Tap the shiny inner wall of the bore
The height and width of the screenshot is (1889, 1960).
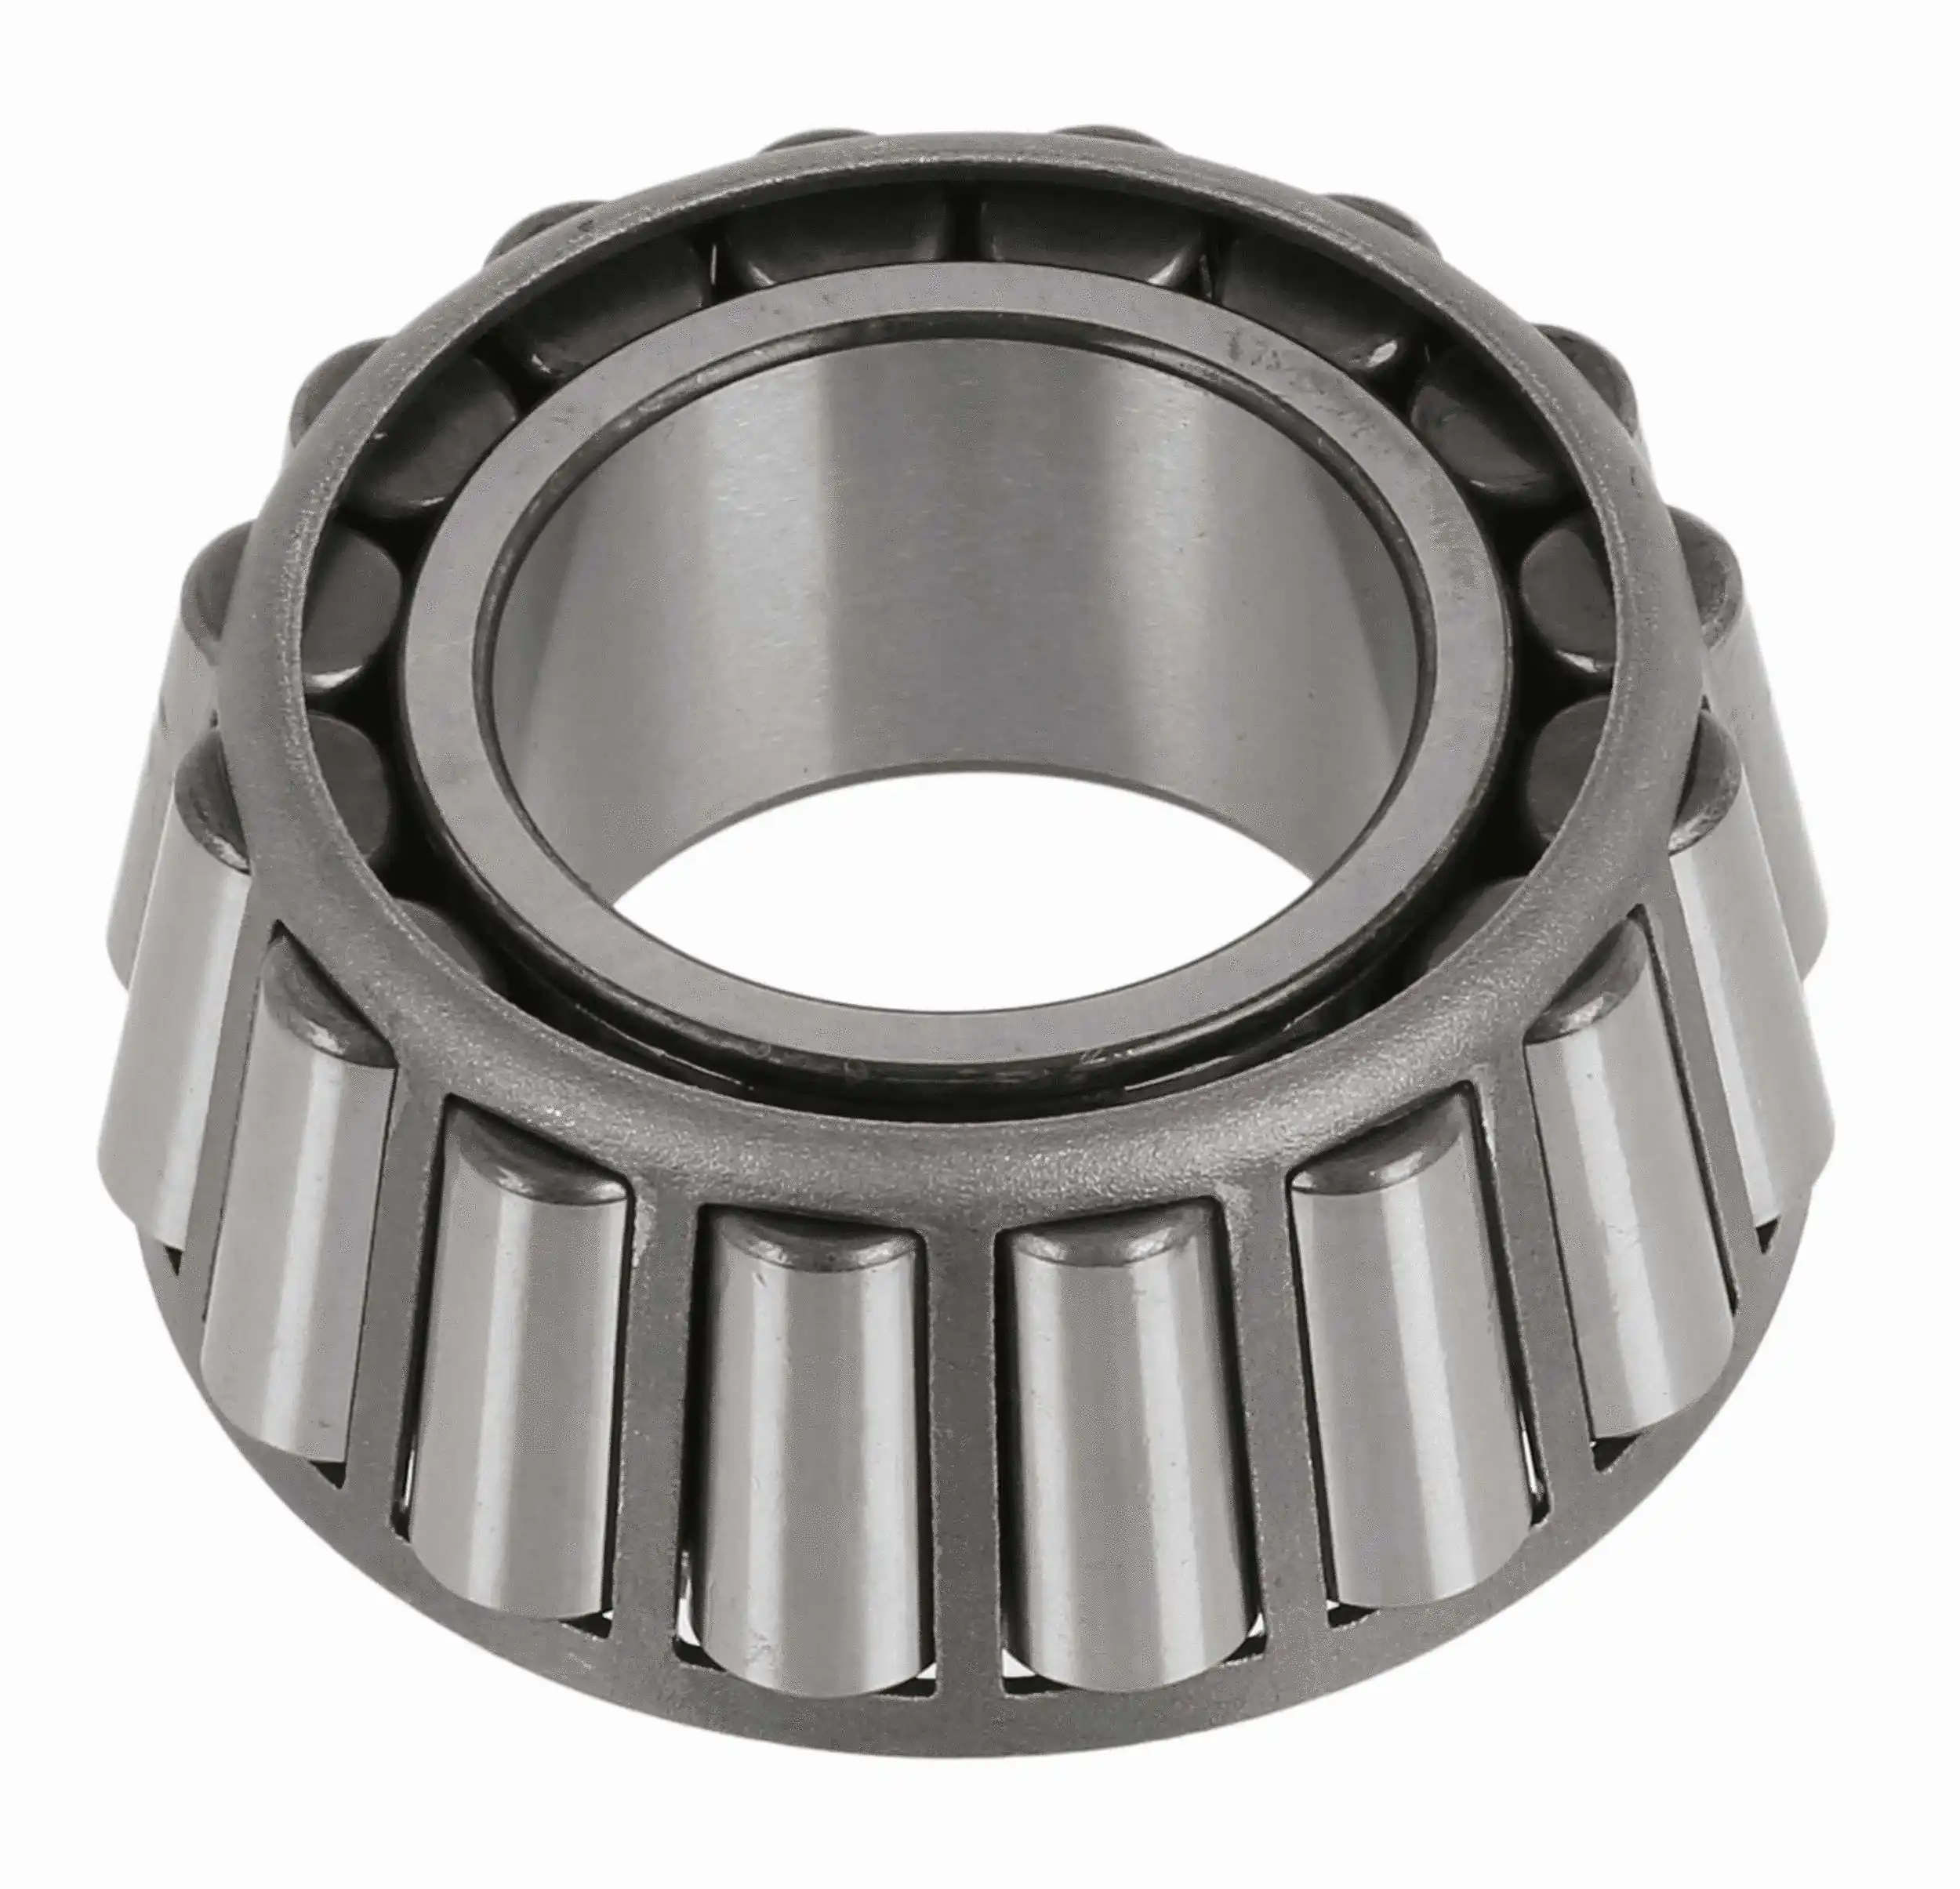(900, 560)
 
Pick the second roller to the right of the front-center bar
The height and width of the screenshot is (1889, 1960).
(1405, 1340)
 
